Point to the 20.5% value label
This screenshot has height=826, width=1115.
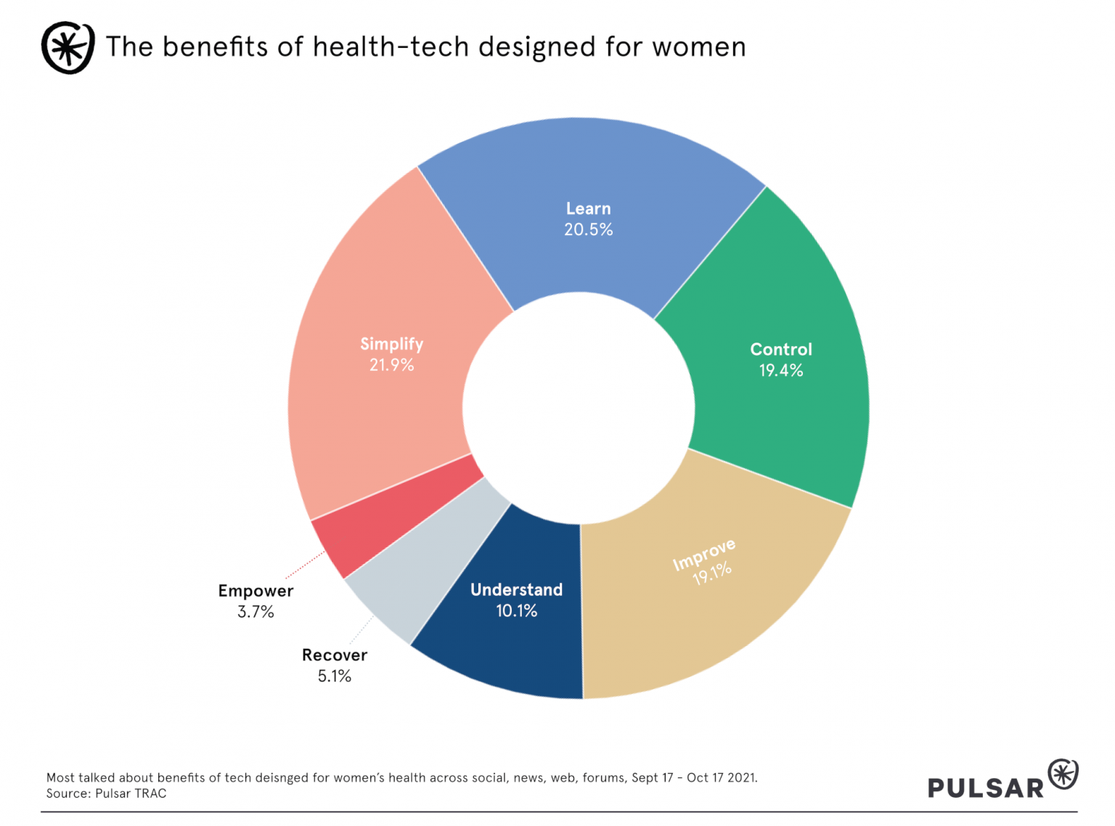589,230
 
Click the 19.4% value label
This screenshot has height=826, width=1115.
781,371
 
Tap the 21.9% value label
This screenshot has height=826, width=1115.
392,365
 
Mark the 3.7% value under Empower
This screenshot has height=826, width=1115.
256,612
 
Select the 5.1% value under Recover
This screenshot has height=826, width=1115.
335,676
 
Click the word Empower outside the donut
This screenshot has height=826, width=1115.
256,591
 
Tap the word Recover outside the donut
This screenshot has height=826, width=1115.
335,655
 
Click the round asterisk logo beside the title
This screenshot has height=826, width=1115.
68,48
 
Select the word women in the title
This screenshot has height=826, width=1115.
698,47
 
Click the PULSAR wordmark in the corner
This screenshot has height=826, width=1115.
985,788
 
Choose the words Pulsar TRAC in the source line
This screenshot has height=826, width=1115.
131,794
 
